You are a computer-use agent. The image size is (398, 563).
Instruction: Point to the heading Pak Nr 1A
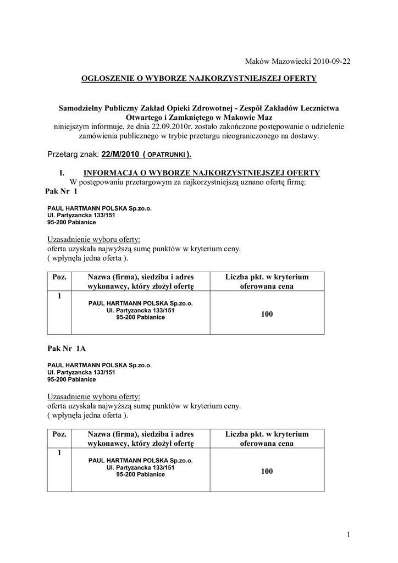(x=67, y=349)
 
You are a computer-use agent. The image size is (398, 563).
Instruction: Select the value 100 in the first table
(x=267, y=314)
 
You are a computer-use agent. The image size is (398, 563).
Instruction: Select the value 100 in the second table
(x=267, y=471)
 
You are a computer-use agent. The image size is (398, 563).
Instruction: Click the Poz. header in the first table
(x=59, y=277)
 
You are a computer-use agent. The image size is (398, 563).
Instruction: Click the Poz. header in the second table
(x=59, y=434)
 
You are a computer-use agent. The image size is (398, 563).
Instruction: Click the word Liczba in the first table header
(x=237, y=277)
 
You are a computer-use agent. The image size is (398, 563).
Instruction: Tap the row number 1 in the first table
(x=59, y=296)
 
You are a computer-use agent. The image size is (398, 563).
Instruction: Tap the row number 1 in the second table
(x=59, y=453)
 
